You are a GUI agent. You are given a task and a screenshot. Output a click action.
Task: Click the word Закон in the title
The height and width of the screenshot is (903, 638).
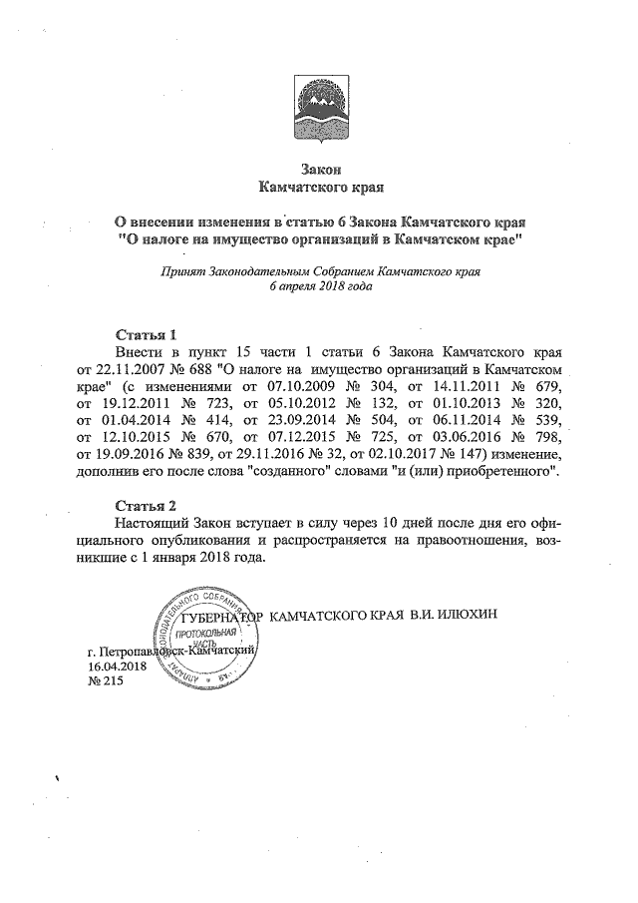pyautogui.click(x=319, y=169)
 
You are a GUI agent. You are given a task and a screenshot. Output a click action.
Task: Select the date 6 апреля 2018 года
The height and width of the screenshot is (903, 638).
pyautogui.click(x=320, y=285)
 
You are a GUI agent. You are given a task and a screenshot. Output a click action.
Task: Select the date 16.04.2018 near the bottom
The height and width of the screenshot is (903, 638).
pyautogui.click(x=118, y=667)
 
